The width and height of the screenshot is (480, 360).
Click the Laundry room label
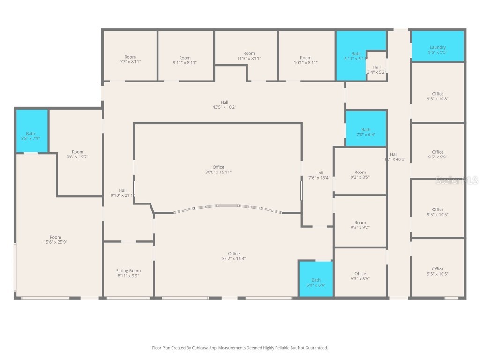coord(437,50)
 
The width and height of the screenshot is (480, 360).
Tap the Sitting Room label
coord(128,273)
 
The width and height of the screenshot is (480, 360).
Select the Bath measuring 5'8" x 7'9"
coord(30,136)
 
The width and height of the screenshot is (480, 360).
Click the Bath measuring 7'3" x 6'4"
coord(366,132)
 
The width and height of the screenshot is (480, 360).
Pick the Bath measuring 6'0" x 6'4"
coord(316,283)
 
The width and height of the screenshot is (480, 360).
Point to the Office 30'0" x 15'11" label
coord(218,170)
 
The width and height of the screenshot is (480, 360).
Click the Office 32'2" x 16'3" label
coord(233,256)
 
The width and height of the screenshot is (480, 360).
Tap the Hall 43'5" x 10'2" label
coord(225,105)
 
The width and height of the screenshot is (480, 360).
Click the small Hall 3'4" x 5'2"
coord(376,69)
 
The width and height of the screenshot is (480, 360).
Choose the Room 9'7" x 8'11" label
coord(130,59)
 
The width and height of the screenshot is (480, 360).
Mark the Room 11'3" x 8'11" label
coord(249,56)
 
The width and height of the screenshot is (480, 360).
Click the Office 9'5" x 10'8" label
coord(437,96)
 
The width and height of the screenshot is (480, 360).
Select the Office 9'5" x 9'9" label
coord(437,155)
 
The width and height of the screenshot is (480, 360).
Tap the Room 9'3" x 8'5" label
coord(360,175)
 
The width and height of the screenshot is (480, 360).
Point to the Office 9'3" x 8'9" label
coord(360,276)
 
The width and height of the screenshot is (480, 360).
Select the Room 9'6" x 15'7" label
coord(77,154)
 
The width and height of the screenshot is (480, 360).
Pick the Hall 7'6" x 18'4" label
coord(319,175)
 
